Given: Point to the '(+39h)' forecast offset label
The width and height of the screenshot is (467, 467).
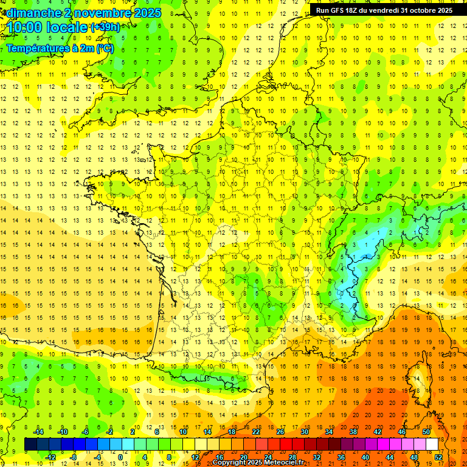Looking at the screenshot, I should coord(105,27).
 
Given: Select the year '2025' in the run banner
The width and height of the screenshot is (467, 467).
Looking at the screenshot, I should coord(441,10).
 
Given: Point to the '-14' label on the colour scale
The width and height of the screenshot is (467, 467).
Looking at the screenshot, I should coord(40,432).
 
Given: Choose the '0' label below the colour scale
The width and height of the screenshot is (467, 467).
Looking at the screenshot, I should coord(120,457).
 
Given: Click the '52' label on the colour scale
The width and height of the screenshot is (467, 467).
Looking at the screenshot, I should coord(438,457).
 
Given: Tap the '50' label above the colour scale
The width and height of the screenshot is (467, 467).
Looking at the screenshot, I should coord(426,432).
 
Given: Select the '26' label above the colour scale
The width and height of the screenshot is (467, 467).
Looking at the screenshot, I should coord(280,432).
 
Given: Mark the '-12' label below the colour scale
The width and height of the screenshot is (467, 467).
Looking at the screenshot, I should coord(51,457).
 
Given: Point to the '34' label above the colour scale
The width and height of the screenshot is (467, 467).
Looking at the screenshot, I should coord(329,432).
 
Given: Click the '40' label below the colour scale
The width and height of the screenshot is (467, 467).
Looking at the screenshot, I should coord(365,457).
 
